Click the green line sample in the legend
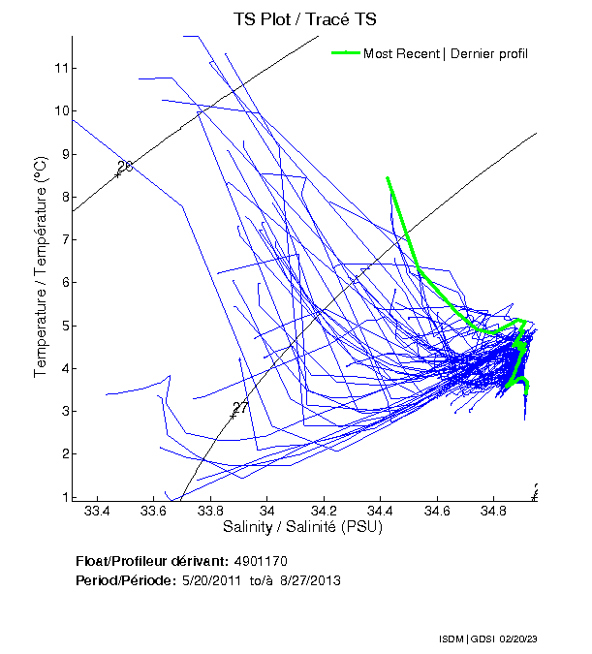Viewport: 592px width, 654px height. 345,53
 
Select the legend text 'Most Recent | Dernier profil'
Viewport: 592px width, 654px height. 446,53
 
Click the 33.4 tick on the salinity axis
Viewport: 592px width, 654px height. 98,510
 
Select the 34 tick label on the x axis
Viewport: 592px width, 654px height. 268,510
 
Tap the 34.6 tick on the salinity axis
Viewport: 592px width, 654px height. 439,510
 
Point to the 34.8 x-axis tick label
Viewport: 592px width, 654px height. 495,510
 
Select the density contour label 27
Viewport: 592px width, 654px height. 241,408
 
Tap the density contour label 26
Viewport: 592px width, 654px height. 124,167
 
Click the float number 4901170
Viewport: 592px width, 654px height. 261,561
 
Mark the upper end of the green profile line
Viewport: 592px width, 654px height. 388,178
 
